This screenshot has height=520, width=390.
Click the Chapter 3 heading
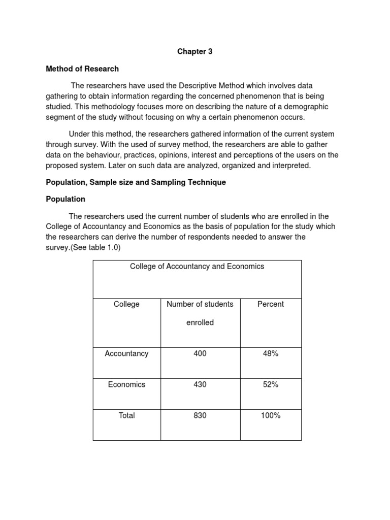click(x=194, y=51)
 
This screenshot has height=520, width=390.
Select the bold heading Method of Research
click(x=82, y=69)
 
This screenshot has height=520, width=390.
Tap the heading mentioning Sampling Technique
click(x=136, y=182)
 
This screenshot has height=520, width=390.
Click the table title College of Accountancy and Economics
click(x=197, y=266)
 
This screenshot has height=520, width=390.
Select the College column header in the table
click(x=126, y=304)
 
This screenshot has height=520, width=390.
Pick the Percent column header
click(x=271, y=304)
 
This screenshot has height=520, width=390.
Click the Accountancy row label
click(x=126, y=353)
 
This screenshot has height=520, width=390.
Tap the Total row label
click(x=126, y=415)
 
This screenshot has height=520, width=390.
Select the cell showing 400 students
click(x=200, y=353)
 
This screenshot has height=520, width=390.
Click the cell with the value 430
click(x=200, y=384)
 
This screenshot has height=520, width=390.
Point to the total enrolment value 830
click(x=200, y=415)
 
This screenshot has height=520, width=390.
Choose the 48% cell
click(x=271, y=353)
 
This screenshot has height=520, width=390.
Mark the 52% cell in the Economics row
click(x=271, y=384)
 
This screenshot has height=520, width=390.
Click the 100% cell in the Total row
click(x=271, y=415)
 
